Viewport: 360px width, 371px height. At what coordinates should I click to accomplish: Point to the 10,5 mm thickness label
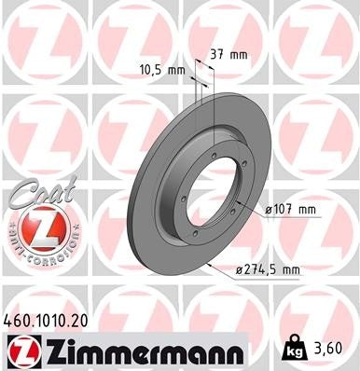tap(159, 68)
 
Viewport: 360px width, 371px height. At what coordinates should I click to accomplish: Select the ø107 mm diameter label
tap(291, 209)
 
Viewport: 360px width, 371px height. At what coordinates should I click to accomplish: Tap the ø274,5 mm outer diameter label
tap(268, 270)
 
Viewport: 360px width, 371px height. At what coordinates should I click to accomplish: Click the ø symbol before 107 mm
tap(268, 209)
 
